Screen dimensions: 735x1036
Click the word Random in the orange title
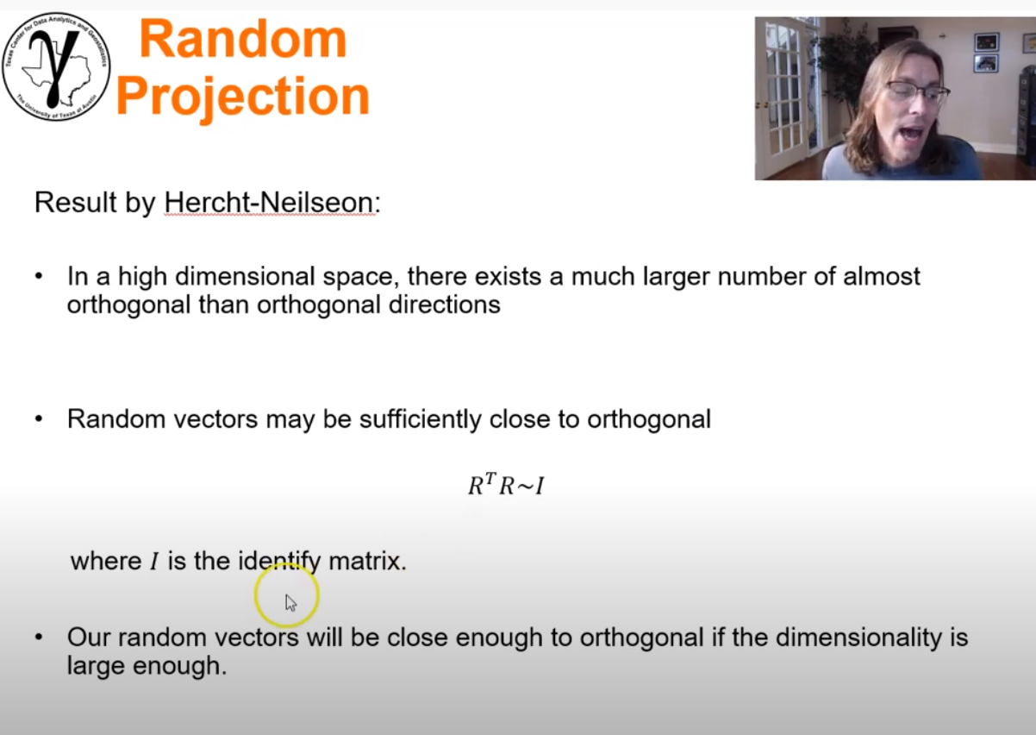243,40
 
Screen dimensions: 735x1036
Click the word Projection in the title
243,96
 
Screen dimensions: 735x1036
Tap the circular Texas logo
56,66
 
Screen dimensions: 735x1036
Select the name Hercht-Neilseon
270,203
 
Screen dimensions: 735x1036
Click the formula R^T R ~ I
506,487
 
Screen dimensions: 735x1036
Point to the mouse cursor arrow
290,602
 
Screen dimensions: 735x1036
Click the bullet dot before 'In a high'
39,278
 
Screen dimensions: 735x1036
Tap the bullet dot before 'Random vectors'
39,421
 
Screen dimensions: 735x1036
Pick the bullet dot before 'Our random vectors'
39,639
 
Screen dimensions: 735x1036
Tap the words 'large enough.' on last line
147,667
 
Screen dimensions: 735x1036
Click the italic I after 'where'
154,562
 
